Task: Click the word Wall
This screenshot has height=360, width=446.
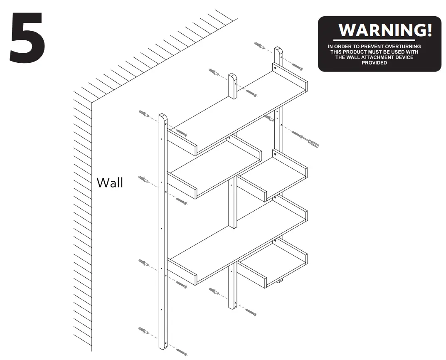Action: [x=110, y=182]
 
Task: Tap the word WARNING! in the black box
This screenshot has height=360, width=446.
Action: [x=385, y=30]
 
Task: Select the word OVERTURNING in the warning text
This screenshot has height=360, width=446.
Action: [x=403, y=46]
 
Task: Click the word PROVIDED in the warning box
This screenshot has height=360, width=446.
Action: [x=375, y=63]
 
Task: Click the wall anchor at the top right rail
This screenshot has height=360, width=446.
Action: [x=260, y=45]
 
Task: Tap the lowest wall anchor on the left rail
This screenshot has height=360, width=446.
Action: [x=144, y=331]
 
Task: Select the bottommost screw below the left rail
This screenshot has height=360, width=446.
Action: [x=182, y=352]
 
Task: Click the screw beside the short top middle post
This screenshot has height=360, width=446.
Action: [x=251, y=93]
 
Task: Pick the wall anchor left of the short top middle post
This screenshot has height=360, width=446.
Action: [x=214, y=72]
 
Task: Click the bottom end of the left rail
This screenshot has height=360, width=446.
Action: [x=163, y=347]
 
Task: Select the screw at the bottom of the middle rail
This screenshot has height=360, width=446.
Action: [x=251, y=312]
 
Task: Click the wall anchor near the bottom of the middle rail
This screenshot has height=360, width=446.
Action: [x=214, y=291]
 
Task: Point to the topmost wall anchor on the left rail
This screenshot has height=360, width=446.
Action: [x=144, y=114]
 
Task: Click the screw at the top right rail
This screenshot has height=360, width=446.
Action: [x=297, y=67]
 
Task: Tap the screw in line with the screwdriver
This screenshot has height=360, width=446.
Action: [x=297, y=134]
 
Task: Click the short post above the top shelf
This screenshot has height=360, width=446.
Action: [x=233, y=86]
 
